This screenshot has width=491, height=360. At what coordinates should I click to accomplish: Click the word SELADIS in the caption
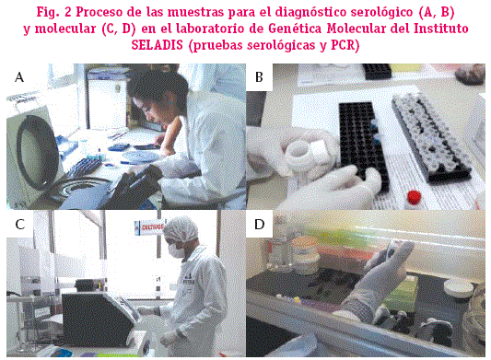click(x=157, y=45)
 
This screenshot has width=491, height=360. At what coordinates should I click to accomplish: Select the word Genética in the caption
click(x=295, y=29)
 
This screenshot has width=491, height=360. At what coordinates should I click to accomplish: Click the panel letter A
click(x=19, y=77)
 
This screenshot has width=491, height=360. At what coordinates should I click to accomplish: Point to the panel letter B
click(x=259, y=77)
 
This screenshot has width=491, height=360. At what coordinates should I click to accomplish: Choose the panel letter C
click(x=19, y=225)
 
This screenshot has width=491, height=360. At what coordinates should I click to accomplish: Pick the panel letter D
click(x=259, y=225)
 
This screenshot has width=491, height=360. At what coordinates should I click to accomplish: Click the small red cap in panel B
click(x=414, y=197)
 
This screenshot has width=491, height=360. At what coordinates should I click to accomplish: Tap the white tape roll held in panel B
click(x=302, y=155)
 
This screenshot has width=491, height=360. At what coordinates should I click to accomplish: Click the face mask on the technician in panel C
click(x=176, y=250)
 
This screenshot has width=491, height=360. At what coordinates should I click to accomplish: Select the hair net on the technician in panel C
click(x=181, y=230)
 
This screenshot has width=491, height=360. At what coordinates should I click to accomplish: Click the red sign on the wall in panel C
click(x=149, y=226)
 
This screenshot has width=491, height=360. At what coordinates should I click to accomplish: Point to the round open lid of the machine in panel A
click(x=37, y=151)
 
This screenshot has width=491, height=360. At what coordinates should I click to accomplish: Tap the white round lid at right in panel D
click(x=459, y=288)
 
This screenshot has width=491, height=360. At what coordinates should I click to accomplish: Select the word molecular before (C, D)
click(x=65, y=29)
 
